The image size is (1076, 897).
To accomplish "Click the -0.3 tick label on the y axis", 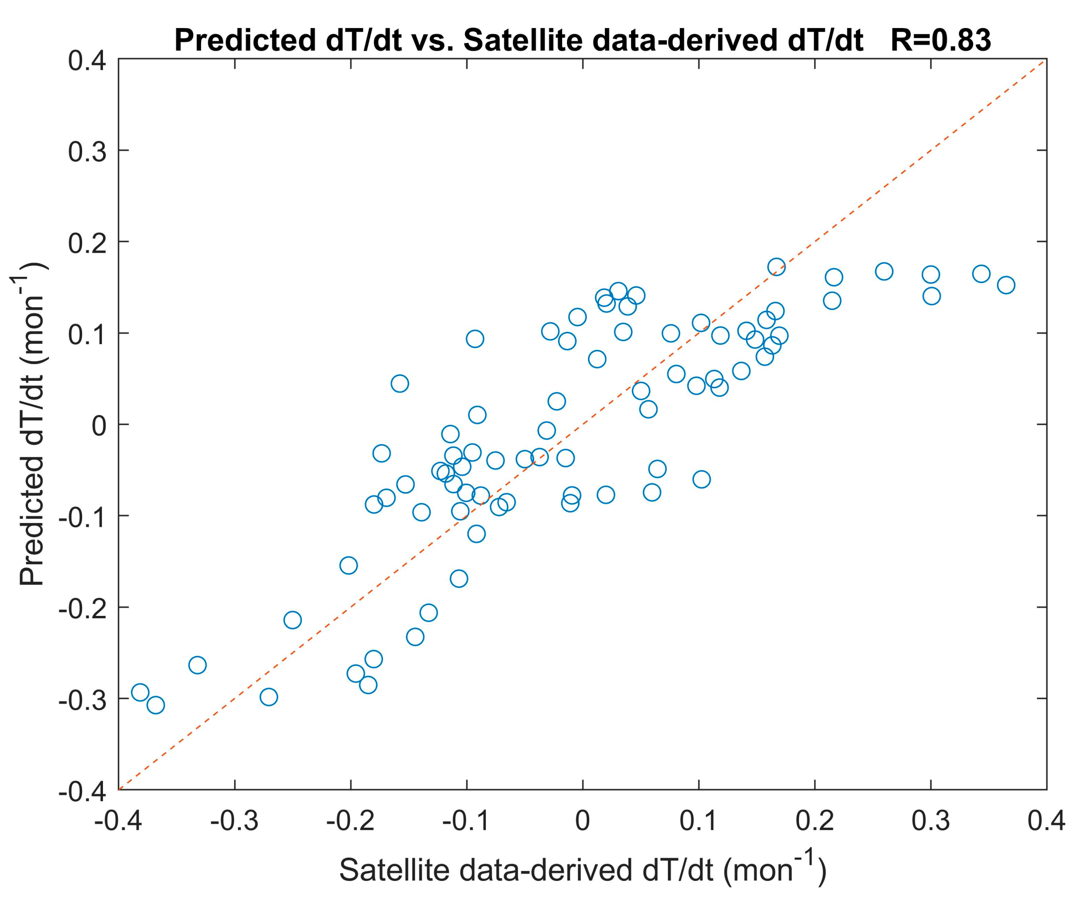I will pos(82,699).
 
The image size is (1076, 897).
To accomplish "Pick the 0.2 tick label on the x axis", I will pos(815,821).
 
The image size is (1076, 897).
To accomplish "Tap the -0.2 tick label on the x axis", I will pos(351,821).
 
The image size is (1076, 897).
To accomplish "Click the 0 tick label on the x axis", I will pos(583,821).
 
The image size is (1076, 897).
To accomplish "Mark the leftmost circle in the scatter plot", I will pos(140,692).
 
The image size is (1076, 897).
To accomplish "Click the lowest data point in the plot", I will pos(156,705).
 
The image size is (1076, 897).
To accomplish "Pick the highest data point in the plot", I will pos(776,267).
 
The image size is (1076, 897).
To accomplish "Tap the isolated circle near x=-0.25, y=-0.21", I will pos(293,620).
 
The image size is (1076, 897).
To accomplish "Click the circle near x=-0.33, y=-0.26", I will pos(197,665).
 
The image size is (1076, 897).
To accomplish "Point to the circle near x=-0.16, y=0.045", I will pos(399,384).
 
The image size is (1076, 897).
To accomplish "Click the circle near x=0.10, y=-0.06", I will pos(702,479).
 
